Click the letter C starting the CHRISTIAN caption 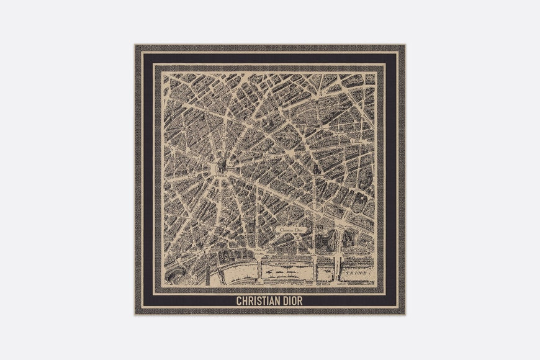(238, 301)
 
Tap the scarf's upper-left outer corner (135, 45)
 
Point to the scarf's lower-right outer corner (405, 315)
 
